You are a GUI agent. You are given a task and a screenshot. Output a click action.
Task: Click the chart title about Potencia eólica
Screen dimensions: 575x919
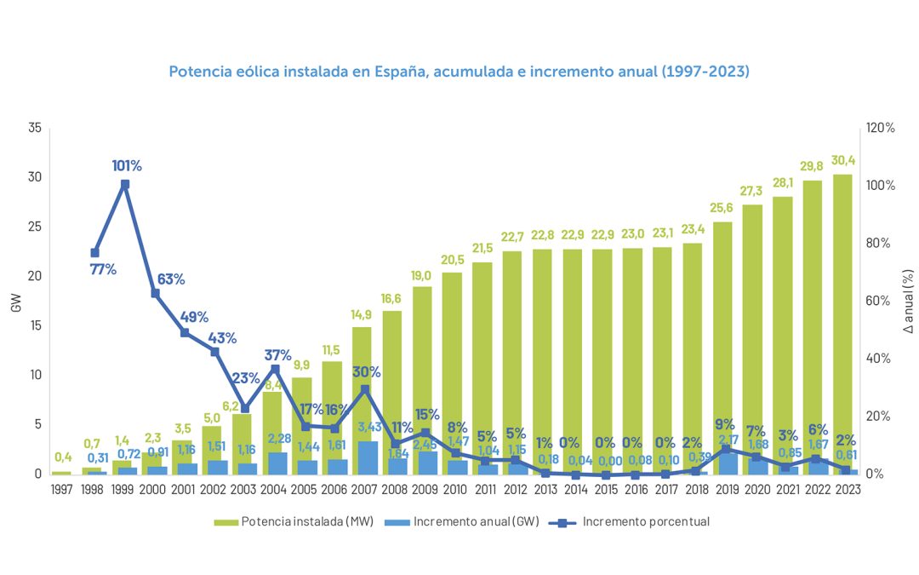[459, 72]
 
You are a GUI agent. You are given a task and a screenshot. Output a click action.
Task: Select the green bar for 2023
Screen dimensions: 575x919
[842, 324]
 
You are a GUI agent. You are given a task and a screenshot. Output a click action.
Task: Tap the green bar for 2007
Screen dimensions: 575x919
[362, 383]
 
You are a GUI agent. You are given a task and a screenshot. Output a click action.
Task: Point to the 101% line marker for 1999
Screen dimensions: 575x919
[125, 184]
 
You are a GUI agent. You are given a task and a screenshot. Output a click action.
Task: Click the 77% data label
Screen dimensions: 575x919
[103, 270]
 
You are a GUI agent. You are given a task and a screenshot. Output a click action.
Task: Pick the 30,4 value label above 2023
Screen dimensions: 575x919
[843, 161]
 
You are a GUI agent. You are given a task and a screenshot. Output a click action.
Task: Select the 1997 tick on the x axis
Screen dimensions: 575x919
[61, 490]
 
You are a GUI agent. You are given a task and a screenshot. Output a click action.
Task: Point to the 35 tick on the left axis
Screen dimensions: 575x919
[34, 128]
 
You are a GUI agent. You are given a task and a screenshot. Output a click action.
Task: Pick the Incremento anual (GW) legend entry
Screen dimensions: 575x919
[454, 521]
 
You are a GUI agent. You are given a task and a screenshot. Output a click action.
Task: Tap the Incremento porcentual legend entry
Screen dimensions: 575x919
[630, 521]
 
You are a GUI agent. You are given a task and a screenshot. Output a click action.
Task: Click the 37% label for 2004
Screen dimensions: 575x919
[277, 354]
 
